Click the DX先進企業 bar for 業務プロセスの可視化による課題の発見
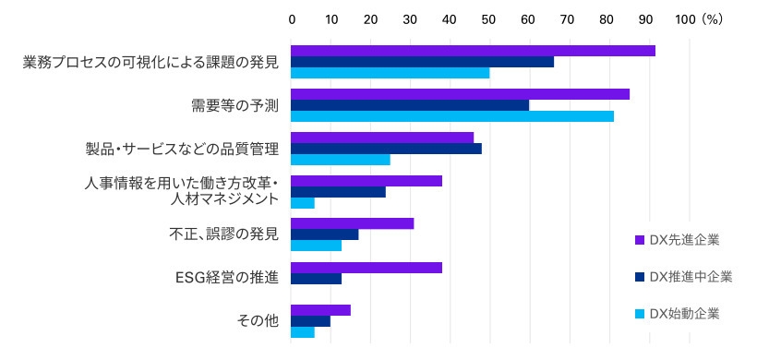click(473, 51)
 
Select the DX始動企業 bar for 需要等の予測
click(452, 116)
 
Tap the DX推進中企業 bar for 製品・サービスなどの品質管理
click(386, 149)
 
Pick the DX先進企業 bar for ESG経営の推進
click(366, 268)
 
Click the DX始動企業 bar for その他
click(303, 332)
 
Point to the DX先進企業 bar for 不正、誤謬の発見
click(353, 223)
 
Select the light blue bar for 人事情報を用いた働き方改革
click(303, 203)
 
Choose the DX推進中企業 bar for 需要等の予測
click(410, 105)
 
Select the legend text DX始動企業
click(684, 314)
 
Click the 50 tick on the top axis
click(488, 18)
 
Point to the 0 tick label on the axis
click(292, 18)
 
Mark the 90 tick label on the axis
click(646, 18)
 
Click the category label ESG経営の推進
click(226, 278)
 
